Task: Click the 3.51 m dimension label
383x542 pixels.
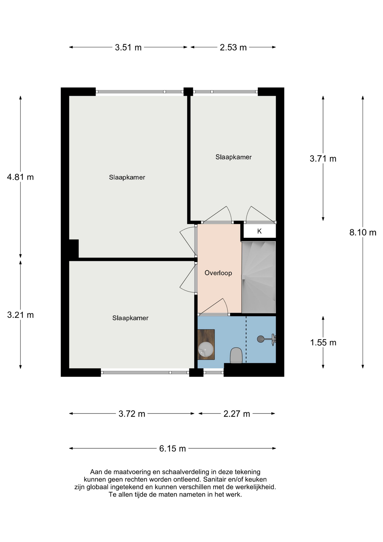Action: point(128,47)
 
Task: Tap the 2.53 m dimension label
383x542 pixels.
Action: point(233,47)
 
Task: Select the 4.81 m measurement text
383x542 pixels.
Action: point(20,177)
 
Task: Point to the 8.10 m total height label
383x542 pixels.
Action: point(363,232)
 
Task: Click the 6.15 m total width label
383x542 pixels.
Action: point(172,448)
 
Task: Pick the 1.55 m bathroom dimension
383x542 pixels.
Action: point(323,342)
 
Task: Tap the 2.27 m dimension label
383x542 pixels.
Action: point(237,414)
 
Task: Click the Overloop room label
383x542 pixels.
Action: point(218,273)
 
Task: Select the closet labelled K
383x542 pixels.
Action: point(259,231)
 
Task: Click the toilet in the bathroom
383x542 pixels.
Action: point(236,355)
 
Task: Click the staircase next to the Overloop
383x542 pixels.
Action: point(258,277)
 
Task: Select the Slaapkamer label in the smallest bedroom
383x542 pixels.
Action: point(233,157)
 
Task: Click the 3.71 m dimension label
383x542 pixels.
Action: point(323,159)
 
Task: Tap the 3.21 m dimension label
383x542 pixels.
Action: point(20,315)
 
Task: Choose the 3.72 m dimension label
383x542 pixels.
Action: point(132,414)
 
